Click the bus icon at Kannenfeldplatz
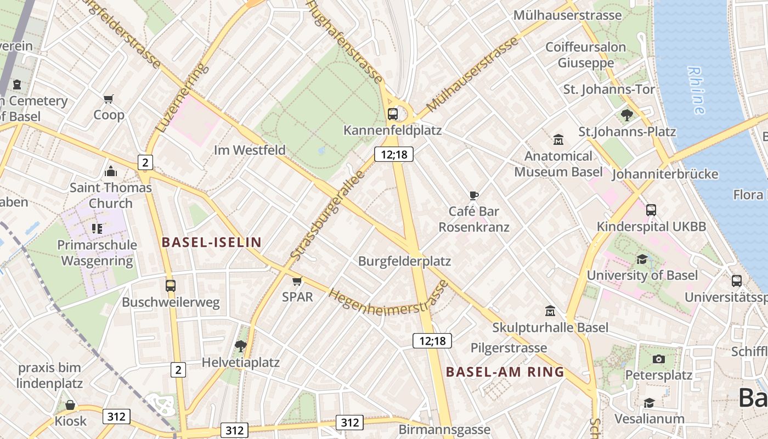pos(393,114)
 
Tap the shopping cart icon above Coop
pos(108,99)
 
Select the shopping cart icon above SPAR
pos(297,282)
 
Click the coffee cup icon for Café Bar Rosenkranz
pos(474,195)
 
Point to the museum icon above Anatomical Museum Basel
pos(558,140)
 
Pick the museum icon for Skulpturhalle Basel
pos(550,311)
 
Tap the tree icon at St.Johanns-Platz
pos(626,115)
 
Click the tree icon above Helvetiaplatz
pos(240,346)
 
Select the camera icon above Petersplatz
pos(659,359)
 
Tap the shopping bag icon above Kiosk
pos(70,405)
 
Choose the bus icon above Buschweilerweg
pos(171,286)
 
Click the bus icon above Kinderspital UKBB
pos(651,210)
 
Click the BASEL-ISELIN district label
pos(211,242)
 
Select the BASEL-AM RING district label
pos(505,372)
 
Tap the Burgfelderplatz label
pos(404,261)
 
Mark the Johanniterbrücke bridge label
pos(665,175)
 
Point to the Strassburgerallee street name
pos(327,216)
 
